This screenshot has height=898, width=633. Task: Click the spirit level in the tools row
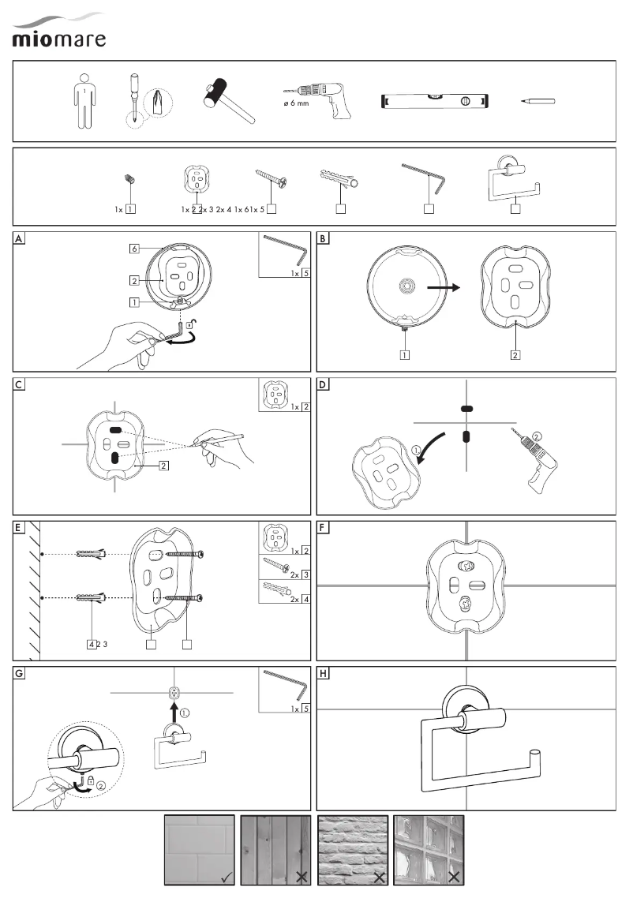click(435, 101)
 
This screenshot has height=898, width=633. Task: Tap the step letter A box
click(20, 238)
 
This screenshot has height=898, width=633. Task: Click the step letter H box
click(324, 673)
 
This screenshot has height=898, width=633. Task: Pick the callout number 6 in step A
click(135, 249)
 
